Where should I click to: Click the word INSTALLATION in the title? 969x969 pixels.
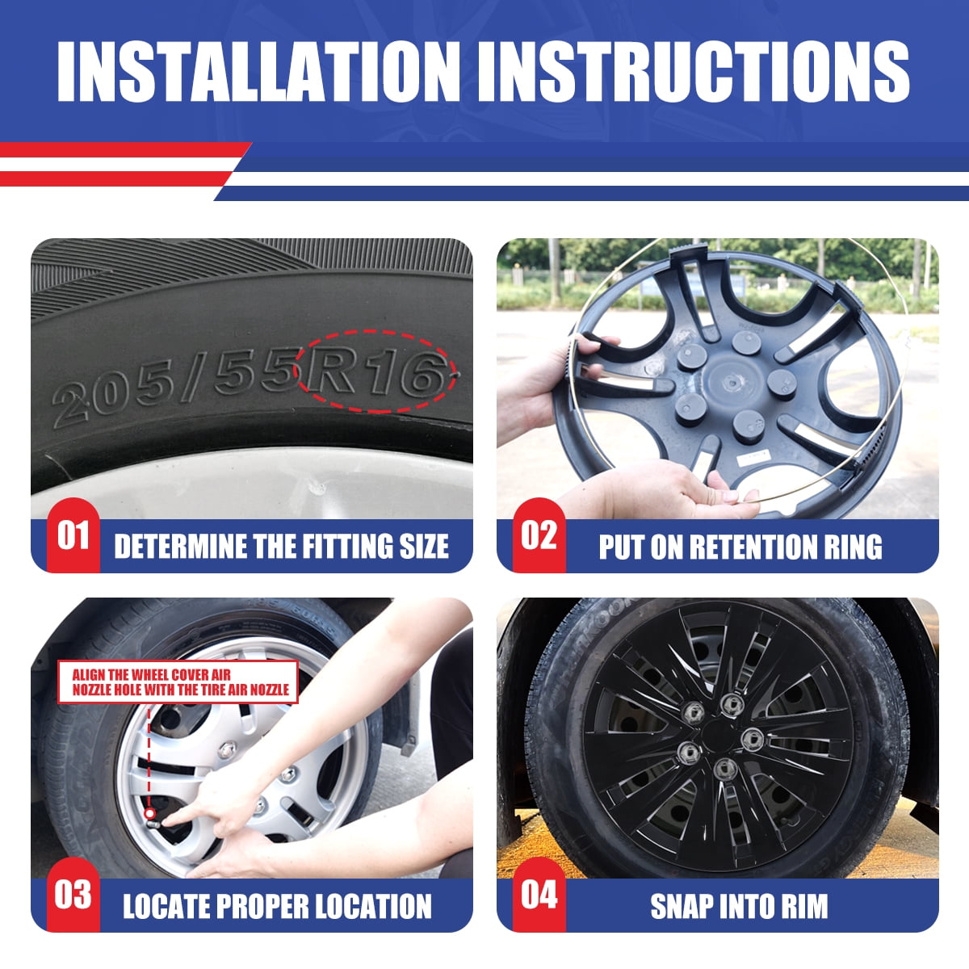pos(258,71)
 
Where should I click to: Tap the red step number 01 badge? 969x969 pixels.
pos(73,535)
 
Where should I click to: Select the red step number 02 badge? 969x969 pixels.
pos(539,535)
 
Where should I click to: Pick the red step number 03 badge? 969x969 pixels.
pos(73,895)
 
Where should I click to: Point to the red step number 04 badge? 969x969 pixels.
pos(539,895)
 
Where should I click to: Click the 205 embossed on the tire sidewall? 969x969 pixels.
pos(113,401)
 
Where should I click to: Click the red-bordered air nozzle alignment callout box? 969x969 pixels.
pos(178,682)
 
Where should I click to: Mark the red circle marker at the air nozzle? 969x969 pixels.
pos(149,812)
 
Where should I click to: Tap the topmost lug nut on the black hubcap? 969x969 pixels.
pos(730,703)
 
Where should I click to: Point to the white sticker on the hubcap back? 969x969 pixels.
pos(753,456)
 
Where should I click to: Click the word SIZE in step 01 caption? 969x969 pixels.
pos(424,547)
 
